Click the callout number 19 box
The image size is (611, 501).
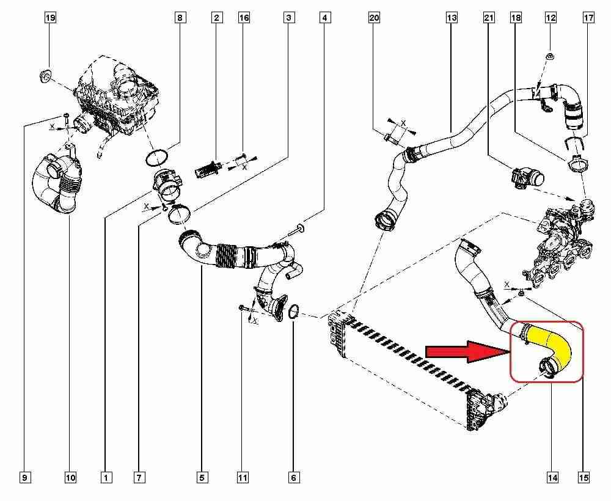[50, 18]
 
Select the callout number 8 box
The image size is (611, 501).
[180, 18]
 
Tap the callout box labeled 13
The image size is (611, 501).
[452, 18]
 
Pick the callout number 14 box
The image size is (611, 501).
[553, 478]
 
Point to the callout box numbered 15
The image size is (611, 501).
[584, 478]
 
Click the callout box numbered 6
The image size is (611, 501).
[294, 478]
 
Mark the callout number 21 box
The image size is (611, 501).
[489, 18]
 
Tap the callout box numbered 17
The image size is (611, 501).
[588, 18]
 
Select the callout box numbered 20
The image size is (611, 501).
[374, 18]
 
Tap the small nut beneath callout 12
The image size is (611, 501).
[549, 57]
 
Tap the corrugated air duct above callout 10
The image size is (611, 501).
[56, 183]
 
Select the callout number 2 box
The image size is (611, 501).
[216, 18]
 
